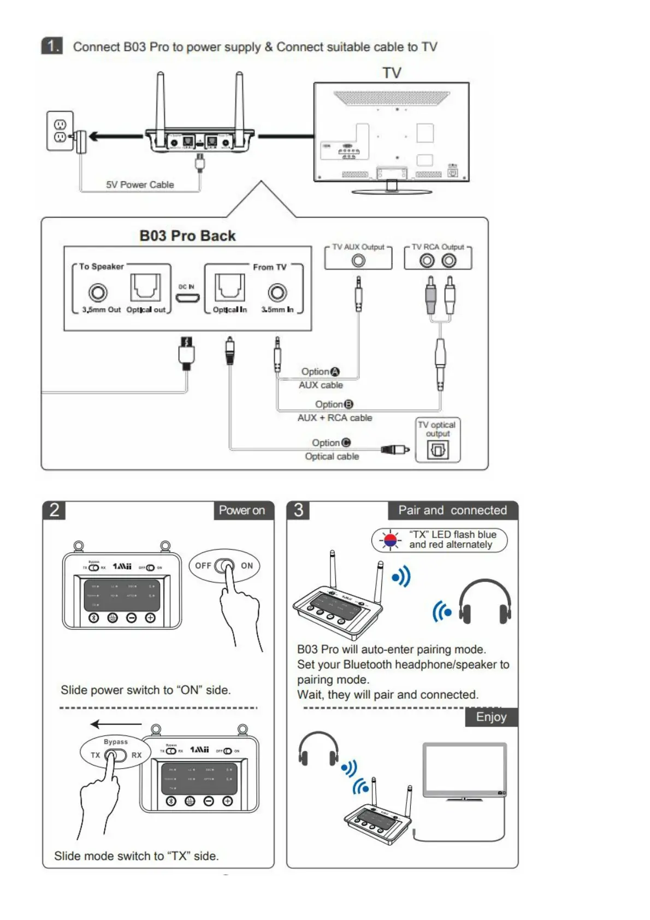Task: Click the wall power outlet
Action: click(60, 131)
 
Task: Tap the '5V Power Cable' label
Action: click(140, 185)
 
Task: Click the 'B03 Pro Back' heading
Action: click(187, 236)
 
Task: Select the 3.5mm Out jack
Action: click(98, 293)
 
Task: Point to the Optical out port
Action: click(145, 287)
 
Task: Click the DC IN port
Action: click(187, 298)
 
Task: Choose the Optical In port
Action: click(229, 287)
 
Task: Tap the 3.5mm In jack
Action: click(277, 293)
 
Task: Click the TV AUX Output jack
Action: click(358, 261)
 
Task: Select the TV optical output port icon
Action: click(438, 450)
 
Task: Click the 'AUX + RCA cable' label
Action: click(335, 418)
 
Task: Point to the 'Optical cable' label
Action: click(332, 456)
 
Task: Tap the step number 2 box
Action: click(54, 510)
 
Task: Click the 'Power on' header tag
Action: click(242, 510)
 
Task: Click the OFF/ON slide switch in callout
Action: click(224, 566)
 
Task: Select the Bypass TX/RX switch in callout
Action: click(115, 756)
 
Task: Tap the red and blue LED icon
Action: click(390, 540)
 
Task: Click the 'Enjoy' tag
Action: click(491, 717)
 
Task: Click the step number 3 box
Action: click(298, 510)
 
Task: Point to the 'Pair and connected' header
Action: click(452, 510)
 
